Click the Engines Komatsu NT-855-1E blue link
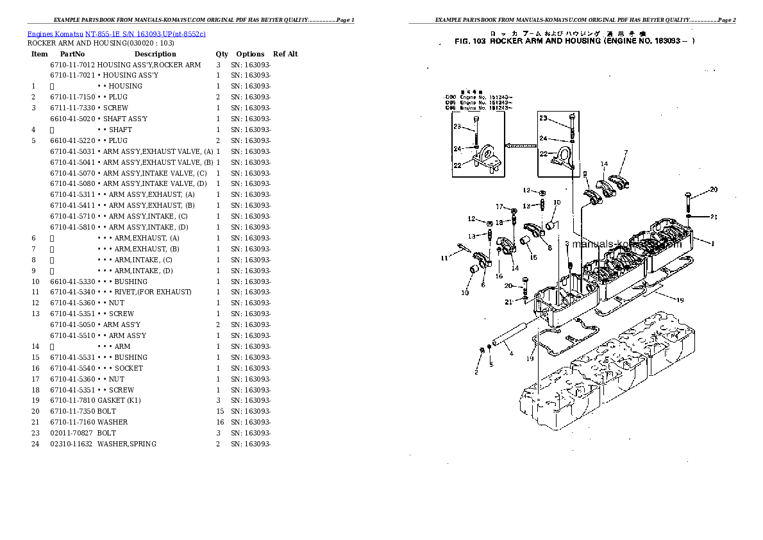point(116,33)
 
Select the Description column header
point(155,55)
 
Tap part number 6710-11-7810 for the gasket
point(72,400)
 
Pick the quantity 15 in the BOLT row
point(219,411)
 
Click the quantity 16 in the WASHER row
point(219,422)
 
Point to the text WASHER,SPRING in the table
point(127,444)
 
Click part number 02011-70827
point(72,433)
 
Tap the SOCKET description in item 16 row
point(129,368)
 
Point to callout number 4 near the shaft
point(511,353)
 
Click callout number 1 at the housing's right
point(712,244)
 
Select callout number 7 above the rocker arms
point(626,153)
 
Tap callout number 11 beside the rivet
point(444,258)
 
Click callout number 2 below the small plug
point(476,371)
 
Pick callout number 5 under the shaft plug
point(491,364)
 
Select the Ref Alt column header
point(285,55)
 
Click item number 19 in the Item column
point(35,400)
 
